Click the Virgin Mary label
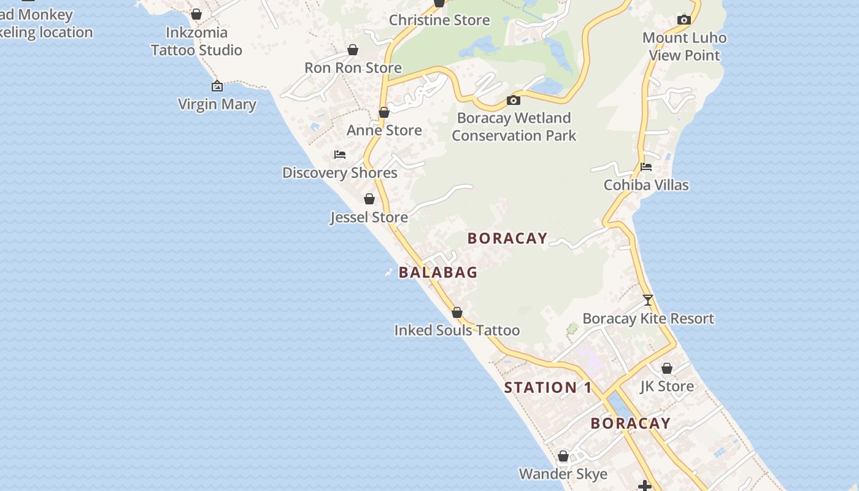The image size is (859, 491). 217,104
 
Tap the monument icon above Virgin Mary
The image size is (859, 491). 217,86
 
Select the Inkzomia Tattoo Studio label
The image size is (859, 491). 196,41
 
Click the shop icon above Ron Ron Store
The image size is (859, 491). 353,50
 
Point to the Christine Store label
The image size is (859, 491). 439,20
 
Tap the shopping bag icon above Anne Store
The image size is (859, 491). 384,112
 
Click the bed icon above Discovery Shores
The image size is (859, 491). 339,155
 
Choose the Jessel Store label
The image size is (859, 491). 369,217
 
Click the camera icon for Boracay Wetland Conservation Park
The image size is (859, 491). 514,100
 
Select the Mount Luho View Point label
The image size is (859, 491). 684,46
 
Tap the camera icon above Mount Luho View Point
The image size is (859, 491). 684,20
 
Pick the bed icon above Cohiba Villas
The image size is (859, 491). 646,167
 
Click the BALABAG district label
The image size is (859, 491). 438,273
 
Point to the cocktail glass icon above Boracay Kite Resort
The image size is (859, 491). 648,300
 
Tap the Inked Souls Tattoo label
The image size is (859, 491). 457,330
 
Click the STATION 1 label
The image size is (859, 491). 548,388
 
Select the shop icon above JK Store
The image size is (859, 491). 667,369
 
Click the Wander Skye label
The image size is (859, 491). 563,474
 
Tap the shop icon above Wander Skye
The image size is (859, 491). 563,457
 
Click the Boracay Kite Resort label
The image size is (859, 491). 648,319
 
